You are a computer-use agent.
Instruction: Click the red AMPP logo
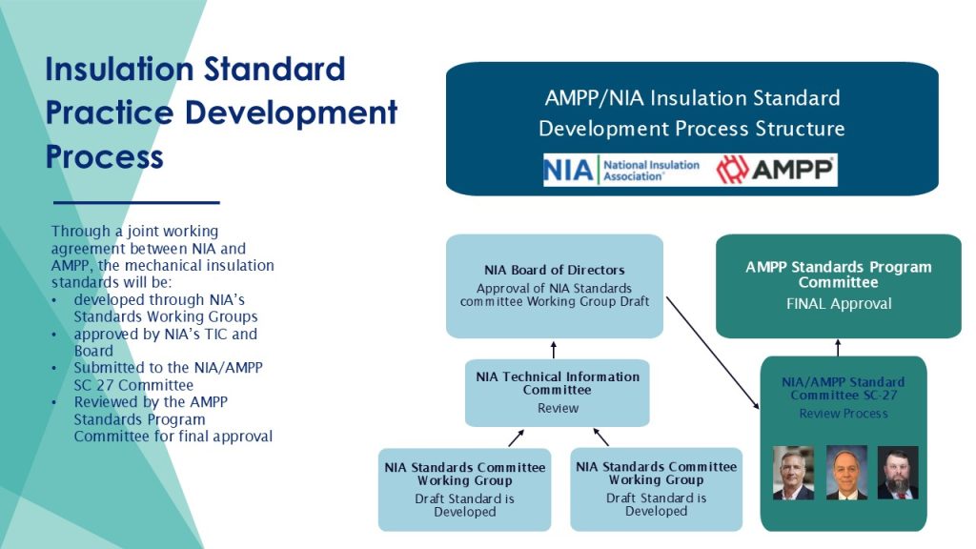(x=776, y=170)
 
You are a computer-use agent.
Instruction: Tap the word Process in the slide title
(x=105, y=155)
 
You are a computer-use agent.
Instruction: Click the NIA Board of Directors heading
(x=555, y=271)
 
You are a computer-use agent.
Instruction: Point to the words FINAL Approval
(x=839, y=304)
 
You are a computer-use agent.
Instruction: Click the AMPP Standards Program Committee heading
(x=839, y=274)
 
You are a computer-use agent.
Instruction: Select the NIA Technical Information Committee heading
(x=558, y=383)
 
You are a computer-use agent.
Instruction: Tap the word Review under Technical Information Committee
(x=558, y=408)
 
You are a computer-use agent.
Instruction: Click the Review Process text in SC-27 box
(x=844, y=414)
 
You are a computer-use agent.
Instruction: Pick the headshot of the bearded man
(x=897, y=473)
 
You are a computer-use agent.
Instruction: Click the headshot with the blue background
(x=845, y=473)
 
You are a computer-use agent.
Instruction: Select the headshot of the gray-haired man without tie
(x=793, y=473)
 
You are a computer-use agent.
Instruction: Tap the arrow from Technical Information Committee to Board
(x=554, y=349)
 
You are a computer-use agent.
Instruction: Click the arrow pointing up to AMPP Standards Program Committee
(x=839, y=347)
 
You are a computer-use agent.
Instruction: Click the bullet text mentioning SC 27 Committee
(x=133, y=376)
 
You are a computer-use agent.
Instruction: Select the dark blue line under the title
(x=136, y=202)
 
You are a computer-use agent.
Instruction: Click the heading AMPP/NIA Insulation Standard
(x=692, y=98)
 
